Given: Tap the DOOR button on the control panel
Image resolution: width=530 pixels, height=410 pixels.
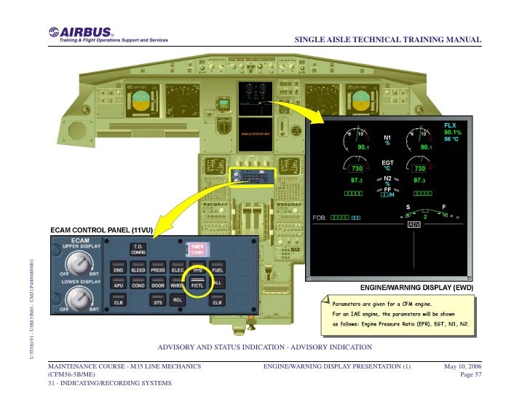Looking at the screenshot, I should [158, 285].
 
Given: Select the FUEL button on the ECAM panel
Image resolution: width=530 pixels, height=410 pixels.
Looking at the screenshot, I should [217, 269].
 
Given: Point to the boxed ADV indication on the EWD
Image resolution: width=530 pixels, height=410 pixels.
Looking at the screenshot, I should [414, 224].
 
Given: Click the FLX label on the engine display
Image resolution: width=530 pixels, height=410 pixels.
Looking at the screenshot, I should [451, 125].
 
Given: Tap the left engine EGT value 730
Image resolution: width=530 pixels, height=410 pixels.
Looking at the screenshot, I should [358, 168].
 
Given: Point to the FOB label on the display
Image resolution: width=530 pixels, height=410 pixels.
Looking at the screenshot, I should [319, 217].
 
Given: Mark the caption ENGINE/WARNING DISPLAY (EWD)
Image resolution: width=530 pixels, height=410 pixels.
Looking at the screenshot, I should [423, 288].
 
